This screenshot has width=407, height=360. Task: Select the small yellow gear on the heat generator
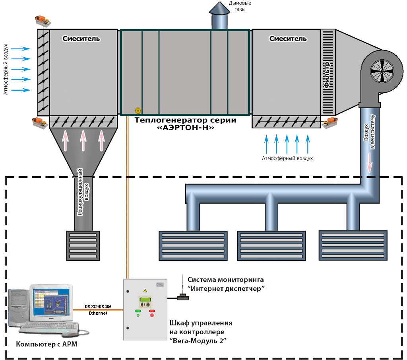coord(138,110)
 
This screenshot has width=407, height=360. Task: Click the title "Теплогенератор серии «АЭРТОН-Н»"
coord(186,124)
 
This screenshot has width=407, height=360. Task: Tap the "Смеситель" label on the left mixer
coord(81,39)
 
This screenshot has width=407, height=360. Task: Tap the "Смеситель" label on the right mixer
coord(288,39)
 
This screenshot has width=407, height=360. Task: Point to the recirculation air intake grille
coord(83,246)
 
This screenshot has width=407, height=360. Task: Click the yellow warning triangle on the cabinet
coord(145,291)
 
